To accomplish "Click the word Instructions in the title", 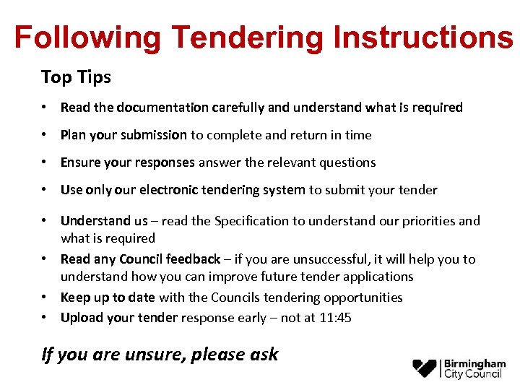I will pyautogui.click(x=423, y=38).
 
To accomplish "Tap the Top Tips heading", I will pyautogui.click(x=76, y=77).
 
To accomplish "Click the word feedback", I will pyautogui.click(x=193, y=259).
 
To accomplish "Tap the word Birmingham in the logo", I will pyautogui.click(x=474, y=363).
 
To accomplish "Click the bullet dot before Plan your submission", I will pyautogui.click(x=45, y=135).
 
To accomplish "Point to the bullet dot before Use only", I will pyautogui.click(x=45, y=190).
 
